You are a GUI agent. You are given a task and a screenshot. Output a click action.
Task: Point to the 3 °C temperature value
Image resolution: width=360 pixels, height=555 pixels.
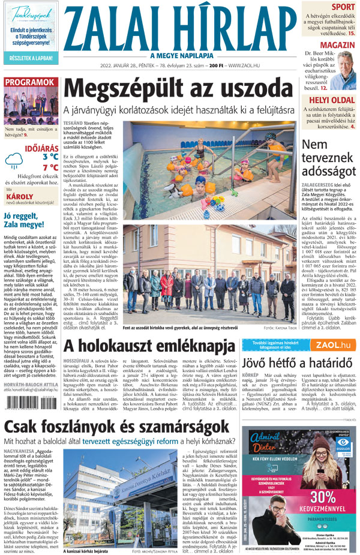coord(50,157)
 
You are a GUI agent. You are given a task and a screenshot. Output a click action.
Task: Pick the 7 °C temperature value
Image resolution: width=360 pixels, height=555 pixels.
coord(50,168)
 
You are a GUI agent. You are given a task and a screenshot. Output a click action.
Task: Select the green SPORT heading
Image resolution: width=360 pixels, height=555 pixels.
coord(343,7)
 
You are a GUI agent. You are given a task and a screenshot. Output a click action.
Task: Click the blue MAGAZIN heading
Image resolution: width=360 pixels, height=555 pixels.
coord(337,46)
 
